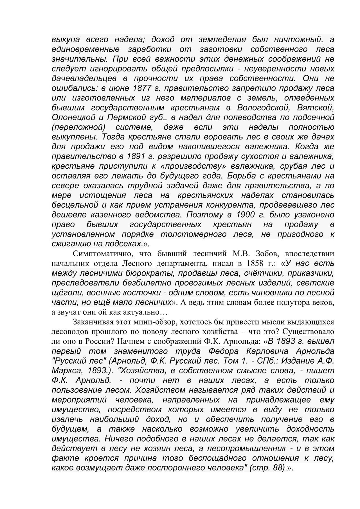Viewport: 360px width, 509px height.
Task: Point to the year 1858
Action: pyautogui.click(x=256, y=263)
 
